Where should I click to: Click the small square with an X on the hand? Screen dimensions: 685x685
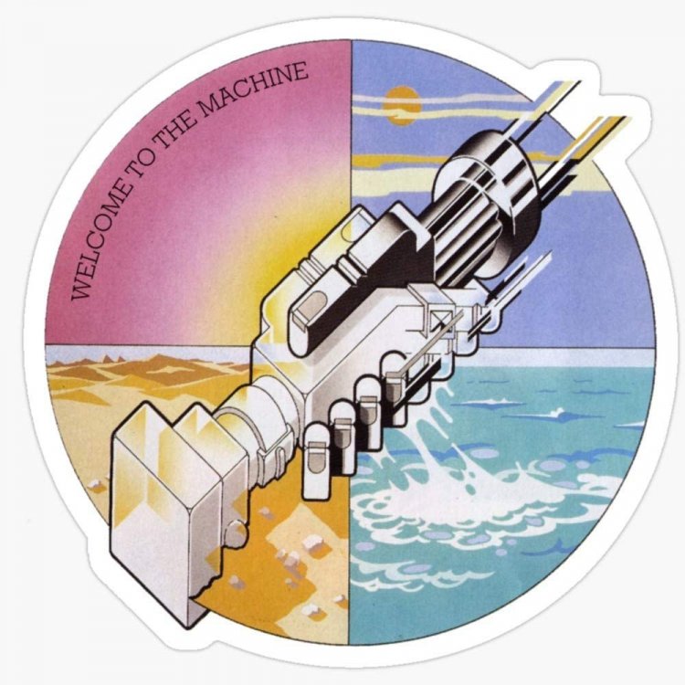point(447,319)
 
